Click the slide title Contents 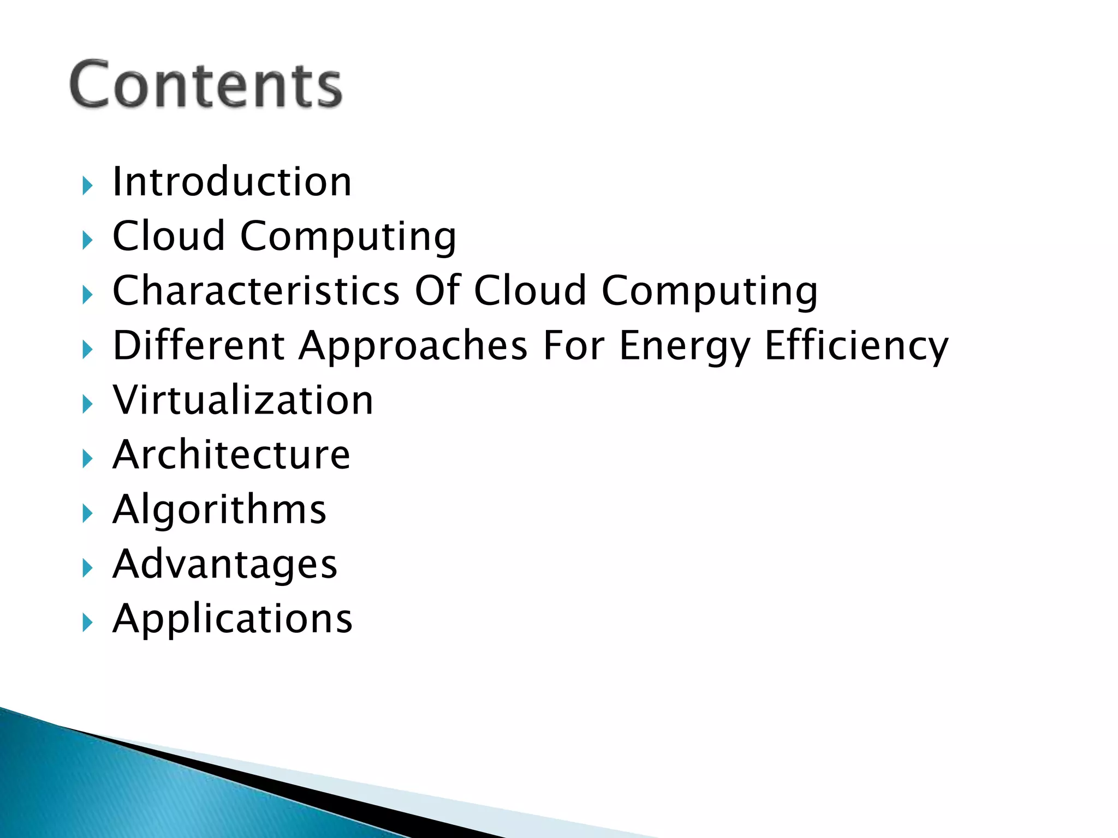(206, 85)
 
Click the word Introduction (232, 182)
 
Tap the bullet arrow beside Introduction (87, 186)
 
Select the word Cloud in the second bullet (169, 236)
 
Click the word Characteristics (256, 290)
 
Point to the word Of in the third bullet (438, 290)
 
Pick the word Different (199, 345)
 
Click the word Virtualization (243, 400)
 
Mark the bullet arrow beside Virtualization (87, 405)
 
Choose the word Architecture (231, 455)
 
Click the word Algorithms (219, 510)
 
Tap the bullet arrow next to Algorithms (87, 514)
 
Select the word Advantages (225, 564)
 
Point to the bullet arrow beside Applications (87, 622)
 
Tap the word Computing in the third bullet (710, 291)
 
